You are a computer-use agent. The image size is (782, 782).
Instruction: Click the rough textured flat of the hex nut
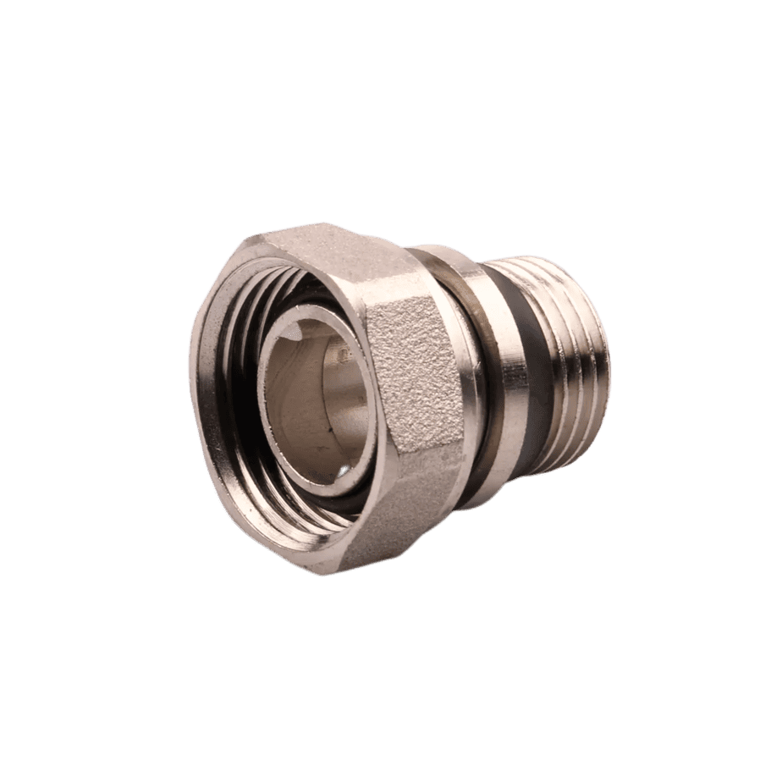coord(415,381)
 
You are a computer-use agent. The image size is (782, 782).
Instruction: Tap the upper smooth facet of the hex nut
coord(339,254)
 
